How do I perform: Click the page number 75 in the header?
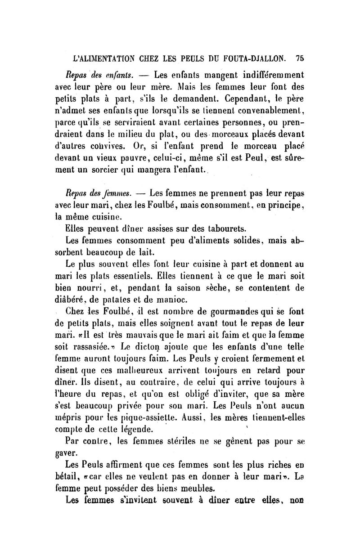300,58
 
